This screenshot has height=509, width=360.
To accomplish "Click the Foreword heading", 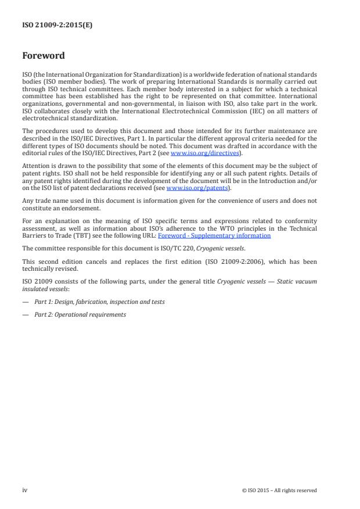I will (x=43, y=56).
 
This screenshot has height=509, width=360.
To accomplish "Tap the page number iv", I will (x=24, y=490).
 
